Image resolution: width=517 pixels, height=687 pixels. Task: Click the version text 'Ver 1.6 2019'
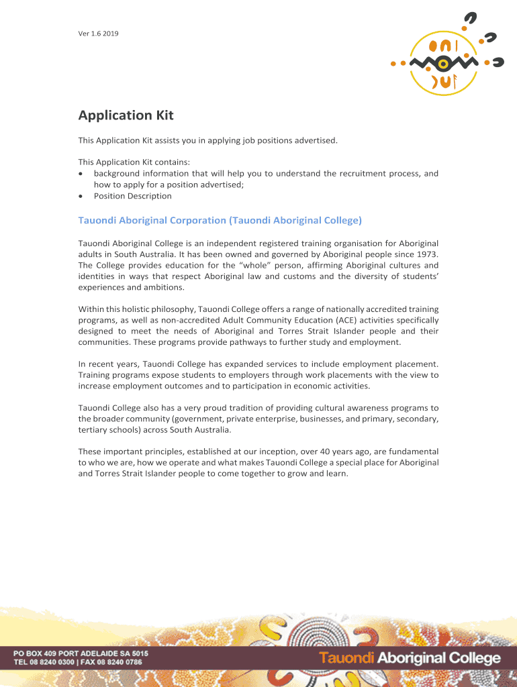[98, 34]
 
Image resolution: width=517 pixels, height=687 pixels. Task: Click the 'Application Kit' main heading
[126, 115]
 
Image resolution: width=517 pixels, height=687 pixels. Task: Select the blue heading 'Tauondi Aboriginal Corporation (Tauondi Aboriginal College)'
[220, 220]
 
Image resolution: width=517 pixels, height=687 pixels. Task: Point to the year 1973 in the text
[426, 254]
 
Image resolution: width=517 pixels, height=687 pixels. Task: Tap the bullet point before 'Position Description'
[81, 197]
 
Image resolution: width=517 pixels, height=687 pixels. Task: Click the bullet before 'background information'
[81, 174]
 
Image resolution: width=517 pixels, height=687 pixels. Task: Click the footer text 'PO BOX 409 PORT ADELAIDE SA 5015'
[81, 653]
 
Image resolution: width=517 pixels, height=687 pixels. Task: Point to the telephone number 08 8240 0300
[54, 662]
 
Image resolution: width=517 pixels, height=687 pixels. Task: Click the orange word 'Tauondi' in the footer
[346, 658]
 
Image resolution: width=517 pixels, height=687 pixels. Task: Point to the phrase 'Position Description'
[132, 196]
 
